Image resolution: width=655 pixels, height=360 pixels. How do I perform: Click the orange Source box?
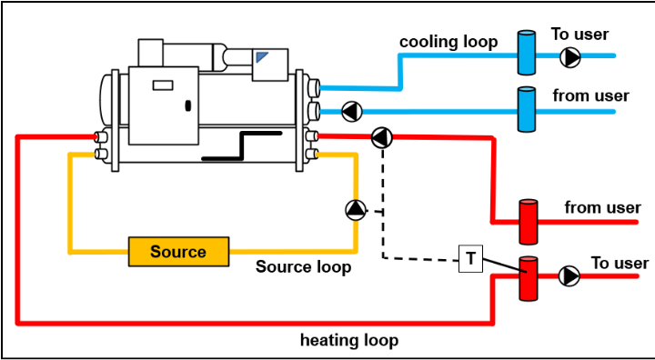pyautogui.click(x=178, y=252)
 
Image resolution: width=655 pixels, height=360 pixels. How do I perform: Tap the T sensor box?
pyautogui.click(x=470, y=258)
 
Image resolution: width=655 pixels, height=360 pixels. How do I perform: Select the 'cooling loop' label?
pyautogui.click(x=448, y=42)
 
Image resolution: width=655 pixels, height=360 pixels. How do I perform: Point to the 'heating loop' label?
pyautogui.click(x=349, y=341)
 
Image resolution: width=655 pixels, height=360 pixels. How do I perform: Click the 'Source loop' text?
pyautogui.click(x=303, y=267)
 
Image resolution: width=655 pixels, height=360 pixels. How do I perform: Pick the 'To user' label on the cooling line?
pyautogui.click(x=579, y=35)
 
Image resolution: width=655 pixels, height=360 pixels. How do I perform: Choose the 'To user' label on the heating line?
pyautogui.click(x=620, y=263)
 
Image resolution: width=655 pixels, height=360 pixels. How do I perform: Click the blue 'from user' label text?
pyautogui.click(x=591, y=95)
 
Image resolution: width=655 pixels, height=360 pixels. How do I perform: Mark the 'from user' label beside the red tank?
pyautogui.click(x=601, y=207)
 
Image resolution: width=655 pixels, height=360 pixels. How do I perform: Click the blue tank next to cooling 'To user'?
pyautogui.click(x=527, y=53)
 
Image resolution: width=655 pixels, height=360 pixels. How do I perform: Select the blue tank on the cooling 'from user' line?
pyautogui.click(x=527, y=109)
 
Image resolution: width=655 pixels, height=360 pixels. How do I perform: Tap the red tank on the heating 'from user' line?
pyautogui.click(x=529, y=221)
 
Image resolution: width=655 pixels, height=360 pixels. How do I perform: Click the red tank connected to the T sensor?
pyautogui.click(x=529, y=278)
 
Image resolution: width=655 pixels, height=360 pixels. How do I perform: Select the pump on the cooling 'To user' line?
pyautogui.click(x=570, y=58)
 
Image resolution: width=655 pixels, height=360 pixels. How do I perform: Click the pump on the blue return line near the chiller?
pyautogui.click(x=350, y=112)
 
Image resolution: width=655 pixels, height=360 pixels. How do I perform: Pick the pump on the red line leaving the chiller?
pyautogui.click(x=382, y=138)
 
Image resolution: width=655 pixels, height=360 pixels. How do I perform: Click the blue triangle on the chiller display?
pyautogui.click(x=262, y=57)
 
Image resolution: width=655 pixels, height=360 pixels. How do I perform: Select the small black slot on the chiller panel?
pyautogui.click(x=187, y=105)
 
